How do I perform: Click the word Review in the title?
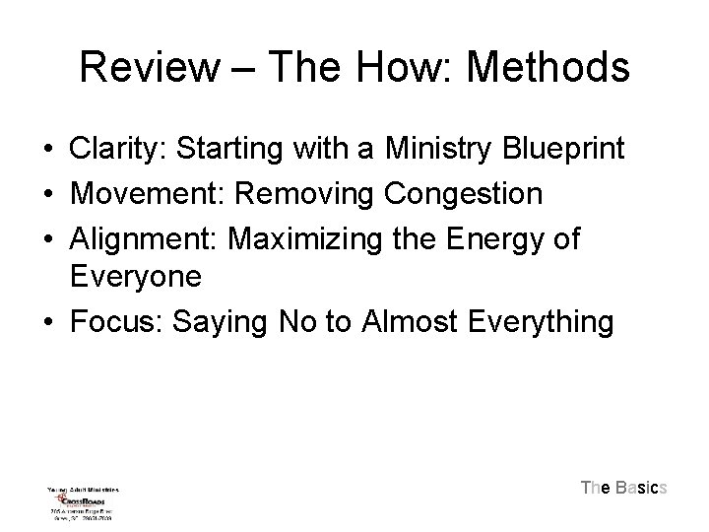[151, 68]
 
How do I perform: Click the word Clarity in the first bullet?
[108, 151]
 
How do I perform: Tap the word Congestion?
[464, 194]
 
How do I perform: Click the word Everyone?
[135, 277]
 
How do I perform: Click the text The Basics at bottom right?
[624, 488]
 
